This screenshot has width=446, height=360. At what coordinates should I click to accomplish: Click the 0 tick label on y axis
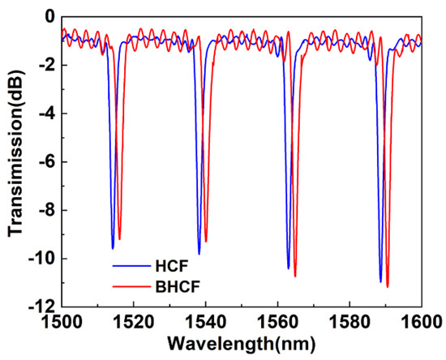pyautogui.click(x=49, y=16)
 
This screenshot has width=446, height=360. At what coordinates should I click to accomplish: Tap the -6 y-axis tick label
pyautogui.click(x=46, y=162)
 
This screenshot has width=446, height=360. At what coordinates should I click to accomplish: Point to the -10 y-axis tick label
pyautogui.click(x=43, y=259)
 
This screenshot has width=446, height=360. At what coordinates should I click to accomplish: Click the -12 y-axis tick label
pyautogui.click(x=43, y=307)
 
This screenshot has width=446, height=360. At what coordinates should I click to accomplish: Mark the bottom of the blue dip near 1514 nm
pyautogui.click(x=113, y=247)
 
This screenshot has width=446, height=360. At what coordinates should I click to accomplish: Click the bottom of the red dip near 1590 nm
pyautogui.click(x=388, y=286)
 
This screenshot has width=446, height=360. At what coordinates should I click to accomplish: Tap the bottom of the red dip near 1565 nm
pyautogui.click(x=295, y=276)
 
